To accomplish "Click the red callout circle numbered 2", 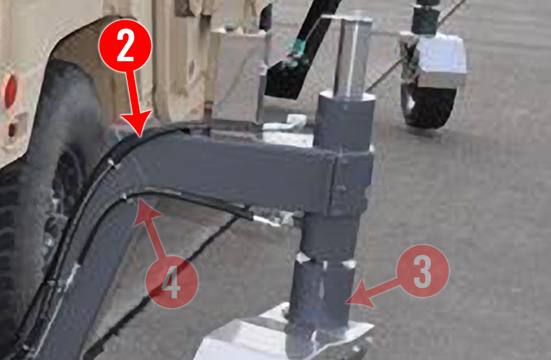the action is (125, 46).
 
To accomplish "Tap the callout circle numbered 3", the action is (423, 271).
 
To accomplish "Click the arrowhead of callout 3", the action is (360, 298).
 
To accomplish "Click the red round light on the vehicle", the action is (11, 91).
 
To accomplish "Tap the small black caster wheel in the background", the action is (429, 105).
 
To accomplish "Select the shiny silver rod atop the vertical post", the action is (353, 56).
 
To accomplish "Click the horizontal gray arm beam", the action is (232, 169).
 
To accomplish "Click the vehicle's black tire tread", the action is (21, 246).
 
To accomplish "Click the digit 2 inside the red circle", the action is (125, 45).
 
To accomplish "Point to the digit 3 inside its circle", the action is (422, 271).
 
